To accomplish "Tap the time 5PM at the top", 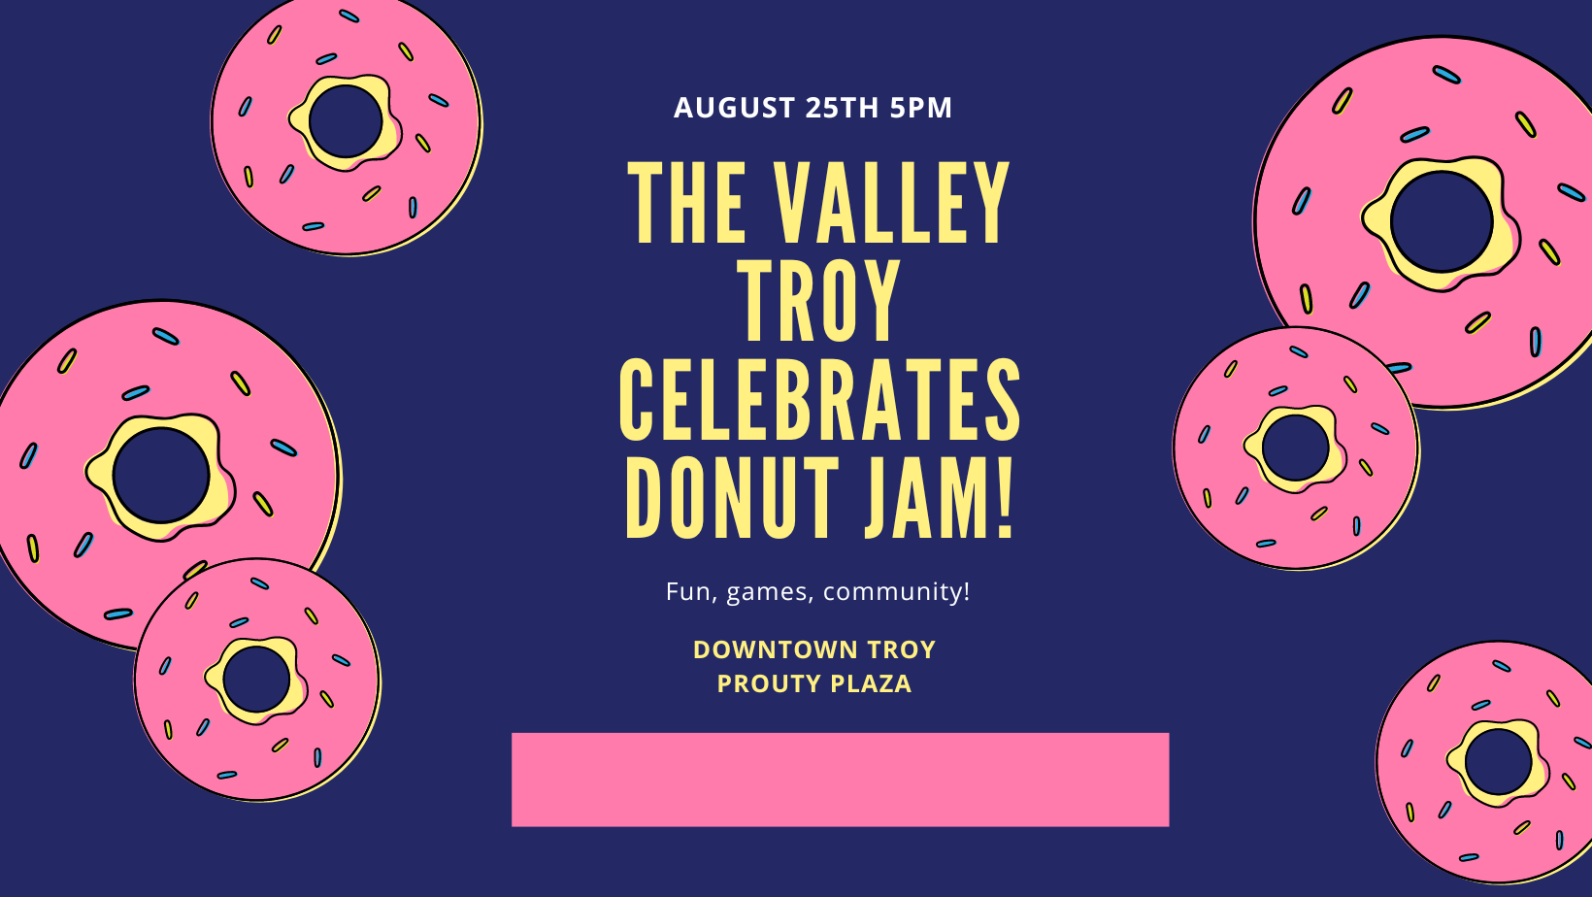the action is click(920, 108).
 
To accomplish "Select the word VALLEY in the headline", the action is click(891, 203).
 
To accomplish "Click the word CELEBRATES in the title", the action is click(819, 399).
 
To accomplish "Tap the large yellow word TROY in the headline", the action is click(818, 301).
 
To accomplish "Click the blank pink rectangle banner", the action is click(840, 780).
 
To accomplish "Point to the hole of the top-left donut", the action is click(347, 121).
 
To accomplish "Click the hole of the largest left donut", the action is click(161, 476).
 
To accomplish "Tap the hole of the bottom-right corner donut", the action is click(1498, 762).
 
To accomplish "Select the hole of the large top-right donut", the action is click(1442, 221).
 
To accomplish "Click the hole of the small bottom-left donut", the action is click(256, 680).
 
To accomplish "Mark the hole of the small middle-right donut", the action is click(1296, 448).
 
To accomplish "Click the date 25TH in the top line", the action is click(843, 108).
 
